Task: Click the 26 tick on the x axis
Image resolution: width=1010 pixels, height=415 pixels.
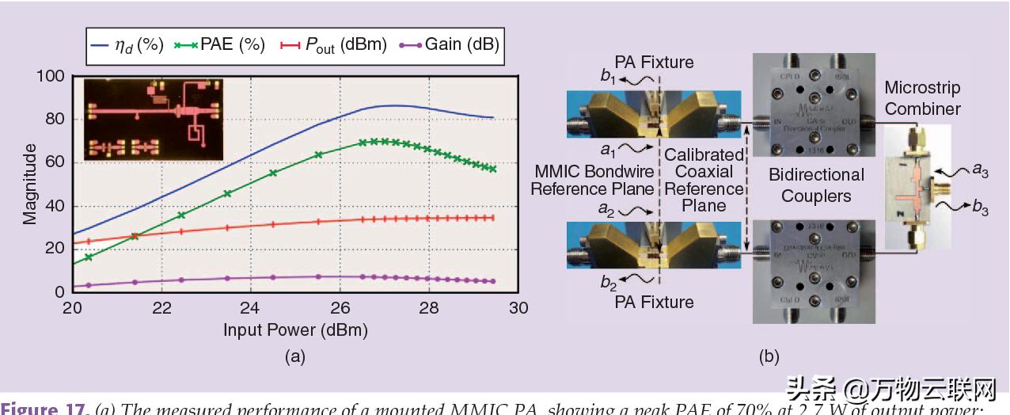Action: click(340, 307)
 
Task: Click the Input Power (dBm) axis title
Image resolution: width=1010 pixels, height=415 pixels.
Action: click(294, 329)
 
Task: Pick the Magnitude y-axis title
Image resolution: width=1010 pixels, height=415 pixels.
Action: click(29, 184)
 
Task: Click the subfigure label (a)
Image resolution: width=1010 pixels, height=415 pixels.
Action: click(294, 356)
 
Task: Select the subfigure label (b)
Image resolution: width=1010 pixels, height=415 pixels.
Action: click(769, 356)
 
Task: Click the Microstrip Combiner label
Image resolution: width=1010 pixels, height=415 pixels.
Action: click(922, 98)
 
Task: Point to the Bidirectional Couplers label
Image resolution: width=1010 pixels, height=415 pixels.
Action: click(816, 185)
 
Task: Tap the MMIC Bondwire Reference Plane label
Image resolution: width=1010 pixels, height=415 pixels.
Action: click(592, 180)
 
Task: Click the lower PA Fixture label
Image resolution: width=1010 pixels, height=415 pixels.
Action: click(654, 302)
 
